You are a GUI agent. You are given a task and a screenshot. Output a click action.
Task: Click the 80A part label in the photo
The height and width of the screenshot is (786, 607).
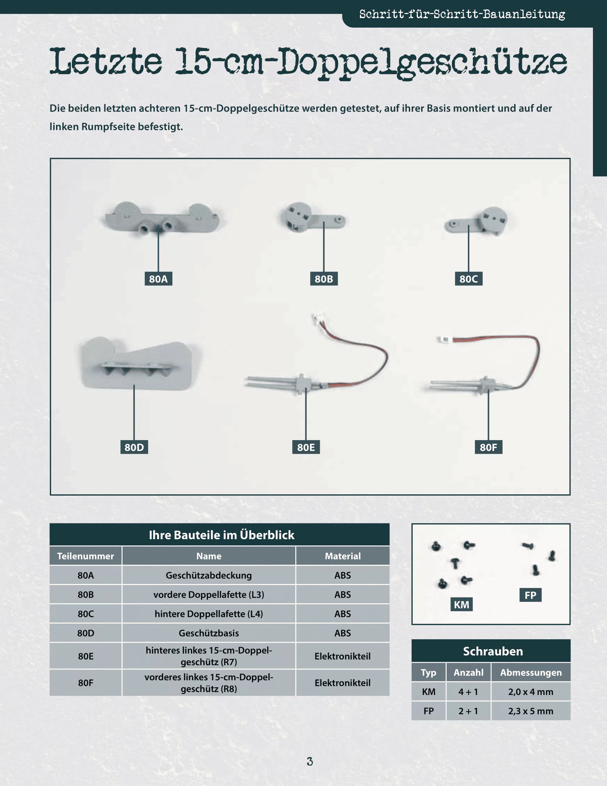158,279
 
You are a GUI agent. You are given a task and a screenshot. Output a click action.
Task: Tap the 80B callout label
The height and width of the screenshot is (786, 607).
324,279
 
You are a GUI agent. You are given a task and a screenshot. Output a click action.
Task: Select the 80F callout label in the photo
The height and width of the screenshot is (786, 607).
489,447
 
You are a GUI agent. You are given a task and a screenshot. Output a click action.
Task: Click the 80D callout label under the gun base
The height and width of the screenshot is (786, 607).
134,447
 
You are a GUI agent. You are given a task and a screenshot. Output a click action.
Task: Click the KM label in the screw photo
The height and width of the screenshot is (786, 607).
462,604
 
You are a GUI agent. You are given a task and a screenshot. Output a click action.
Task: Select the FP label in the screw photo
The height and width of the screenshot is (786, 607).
531,595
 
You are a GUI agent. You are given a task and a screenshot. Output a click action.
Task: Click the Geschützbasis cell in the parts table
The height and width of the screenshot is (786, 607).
209,633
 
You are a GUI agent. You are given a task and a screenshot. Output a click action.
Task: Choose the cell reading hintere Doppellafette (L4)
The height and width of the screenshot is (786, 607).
209,614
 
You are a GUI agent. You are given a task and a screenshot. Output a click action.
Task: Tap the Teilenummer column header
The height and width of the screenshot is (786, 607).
86,556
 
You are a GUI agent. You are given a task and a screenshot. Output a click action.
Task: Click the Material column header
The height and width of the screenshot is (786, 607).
343,556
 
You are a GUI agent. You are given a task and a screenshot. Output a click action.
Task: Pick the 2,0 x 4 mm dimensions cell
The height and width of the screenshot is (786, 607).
531,692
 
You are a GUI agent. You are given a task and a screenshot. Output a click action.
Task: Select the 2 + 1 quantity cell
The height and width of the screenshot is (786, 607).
468,711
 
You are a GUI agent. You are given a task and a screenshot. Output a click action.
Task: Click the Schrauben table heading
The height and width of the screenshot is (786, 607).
493,651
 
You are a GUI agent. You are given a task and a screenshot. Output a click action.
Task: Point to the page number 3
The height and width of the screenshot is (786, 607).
310,761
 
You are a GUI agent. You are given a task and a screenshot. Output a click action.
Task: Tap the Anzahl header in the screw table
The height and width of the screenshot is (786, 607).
468,672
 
